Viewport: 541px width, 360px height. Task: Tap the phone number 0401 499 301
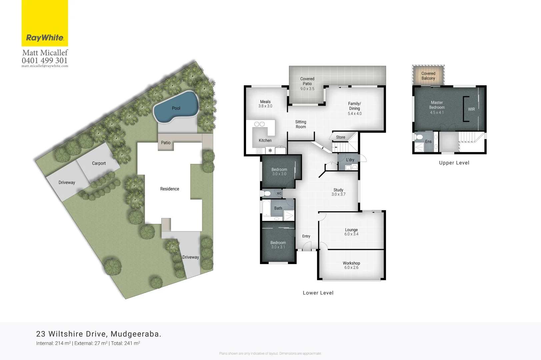click(x=45, y=60)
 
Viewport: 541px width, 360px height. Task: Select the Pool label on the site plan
click(x=176, y=108)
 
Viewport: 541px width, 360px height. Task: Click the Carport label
click(x=99, y=163)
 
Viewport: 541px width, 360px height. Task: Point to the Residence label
click(x=170, y=189)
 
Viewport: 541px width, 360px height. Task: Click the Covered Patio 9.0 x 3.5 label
click(x=307, y=84)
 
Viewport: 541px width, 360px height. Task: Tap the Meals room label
click(x=265, y=104)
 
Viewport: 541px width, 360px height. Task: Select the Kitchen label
click(x=265, y=141)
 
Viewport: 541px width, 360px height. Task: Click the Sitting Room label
click(x=301, y=124)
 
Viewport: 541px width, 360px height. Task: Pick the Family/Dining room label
click(x=355, y=108)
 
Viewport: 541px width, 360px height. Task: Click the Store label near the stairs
click(x=341, y=137)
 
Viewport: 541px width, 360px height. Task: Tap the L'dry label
click(x=350, y=160)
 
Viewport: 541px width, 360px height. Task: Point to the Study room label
click(x=338, y=192)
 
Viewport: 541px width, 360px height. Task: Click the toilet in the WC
click(x=267, y=193)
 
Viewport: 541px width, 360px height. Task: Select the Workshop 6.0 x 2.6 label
click(x=351, y=265)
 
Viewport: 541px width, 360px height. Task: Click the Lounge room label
click(x=351, y=232)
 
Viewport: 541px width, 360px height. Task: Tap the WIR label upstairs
click(x=471, y=109)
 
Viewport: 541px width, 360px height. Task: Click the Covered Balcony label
click(x=428, y=76)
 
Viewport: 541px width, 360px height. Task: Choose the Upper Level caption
click(x=454, y=163)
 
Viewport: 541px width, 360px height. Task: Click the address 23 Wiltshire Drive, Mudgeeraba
click(x=99, y=334)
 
